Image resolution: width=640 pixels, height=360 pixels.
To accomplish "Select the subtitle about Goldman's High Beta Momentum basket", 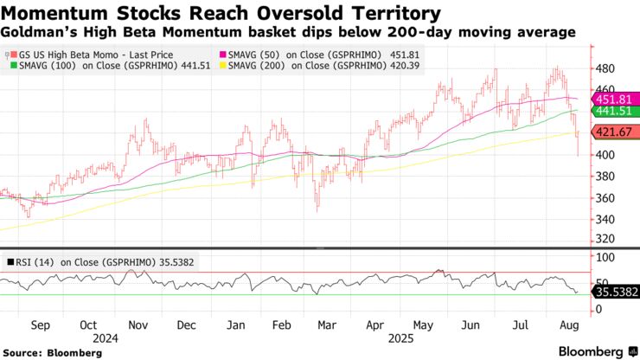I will [288, 33].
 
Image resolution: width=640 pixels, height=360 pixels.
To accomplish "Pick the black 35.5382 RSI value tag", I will [615, 292].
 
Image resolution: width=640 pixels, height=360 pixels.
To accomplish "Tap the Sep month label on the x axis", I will [39, 326].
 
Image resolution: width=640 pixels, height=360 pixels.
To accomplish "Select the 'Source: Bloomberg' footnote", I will [45, 352].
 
